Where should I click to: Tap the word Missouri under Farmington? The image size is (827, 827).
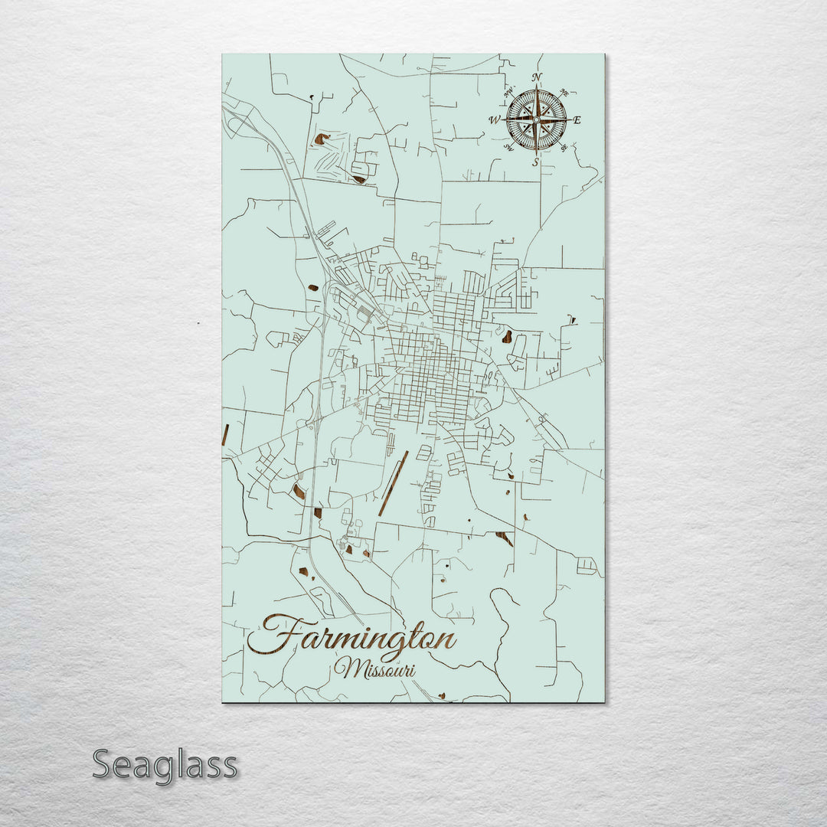pos(375,668)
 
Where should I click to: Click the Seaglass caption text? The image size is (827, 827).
pos(165,765)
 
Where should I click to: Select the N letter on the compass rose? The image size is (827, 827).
pos(537,77)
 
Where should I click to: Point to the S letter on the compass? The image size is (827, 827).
pos(535,162)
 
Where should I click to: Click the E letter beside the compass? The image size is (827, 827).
pos(577,120)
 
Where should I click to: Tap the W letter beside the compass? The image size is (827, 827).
pos(494,120)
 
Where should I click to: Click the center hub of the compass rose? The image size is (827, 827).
pos(536,119)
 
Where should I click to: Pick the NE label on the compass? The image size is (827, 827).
pos(564,91)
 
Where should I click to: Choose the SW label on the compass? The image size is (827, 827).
pos(508,148)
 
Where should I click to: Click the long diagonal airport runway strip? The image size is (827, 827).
pos(393,483)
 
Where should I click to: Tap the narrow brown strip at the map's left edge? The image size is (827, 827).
pos(224,433)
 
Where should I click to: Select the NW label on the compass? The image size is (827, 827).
pos(508,93)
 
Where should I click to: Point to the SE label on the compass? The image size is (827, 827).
pos(564,148)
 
